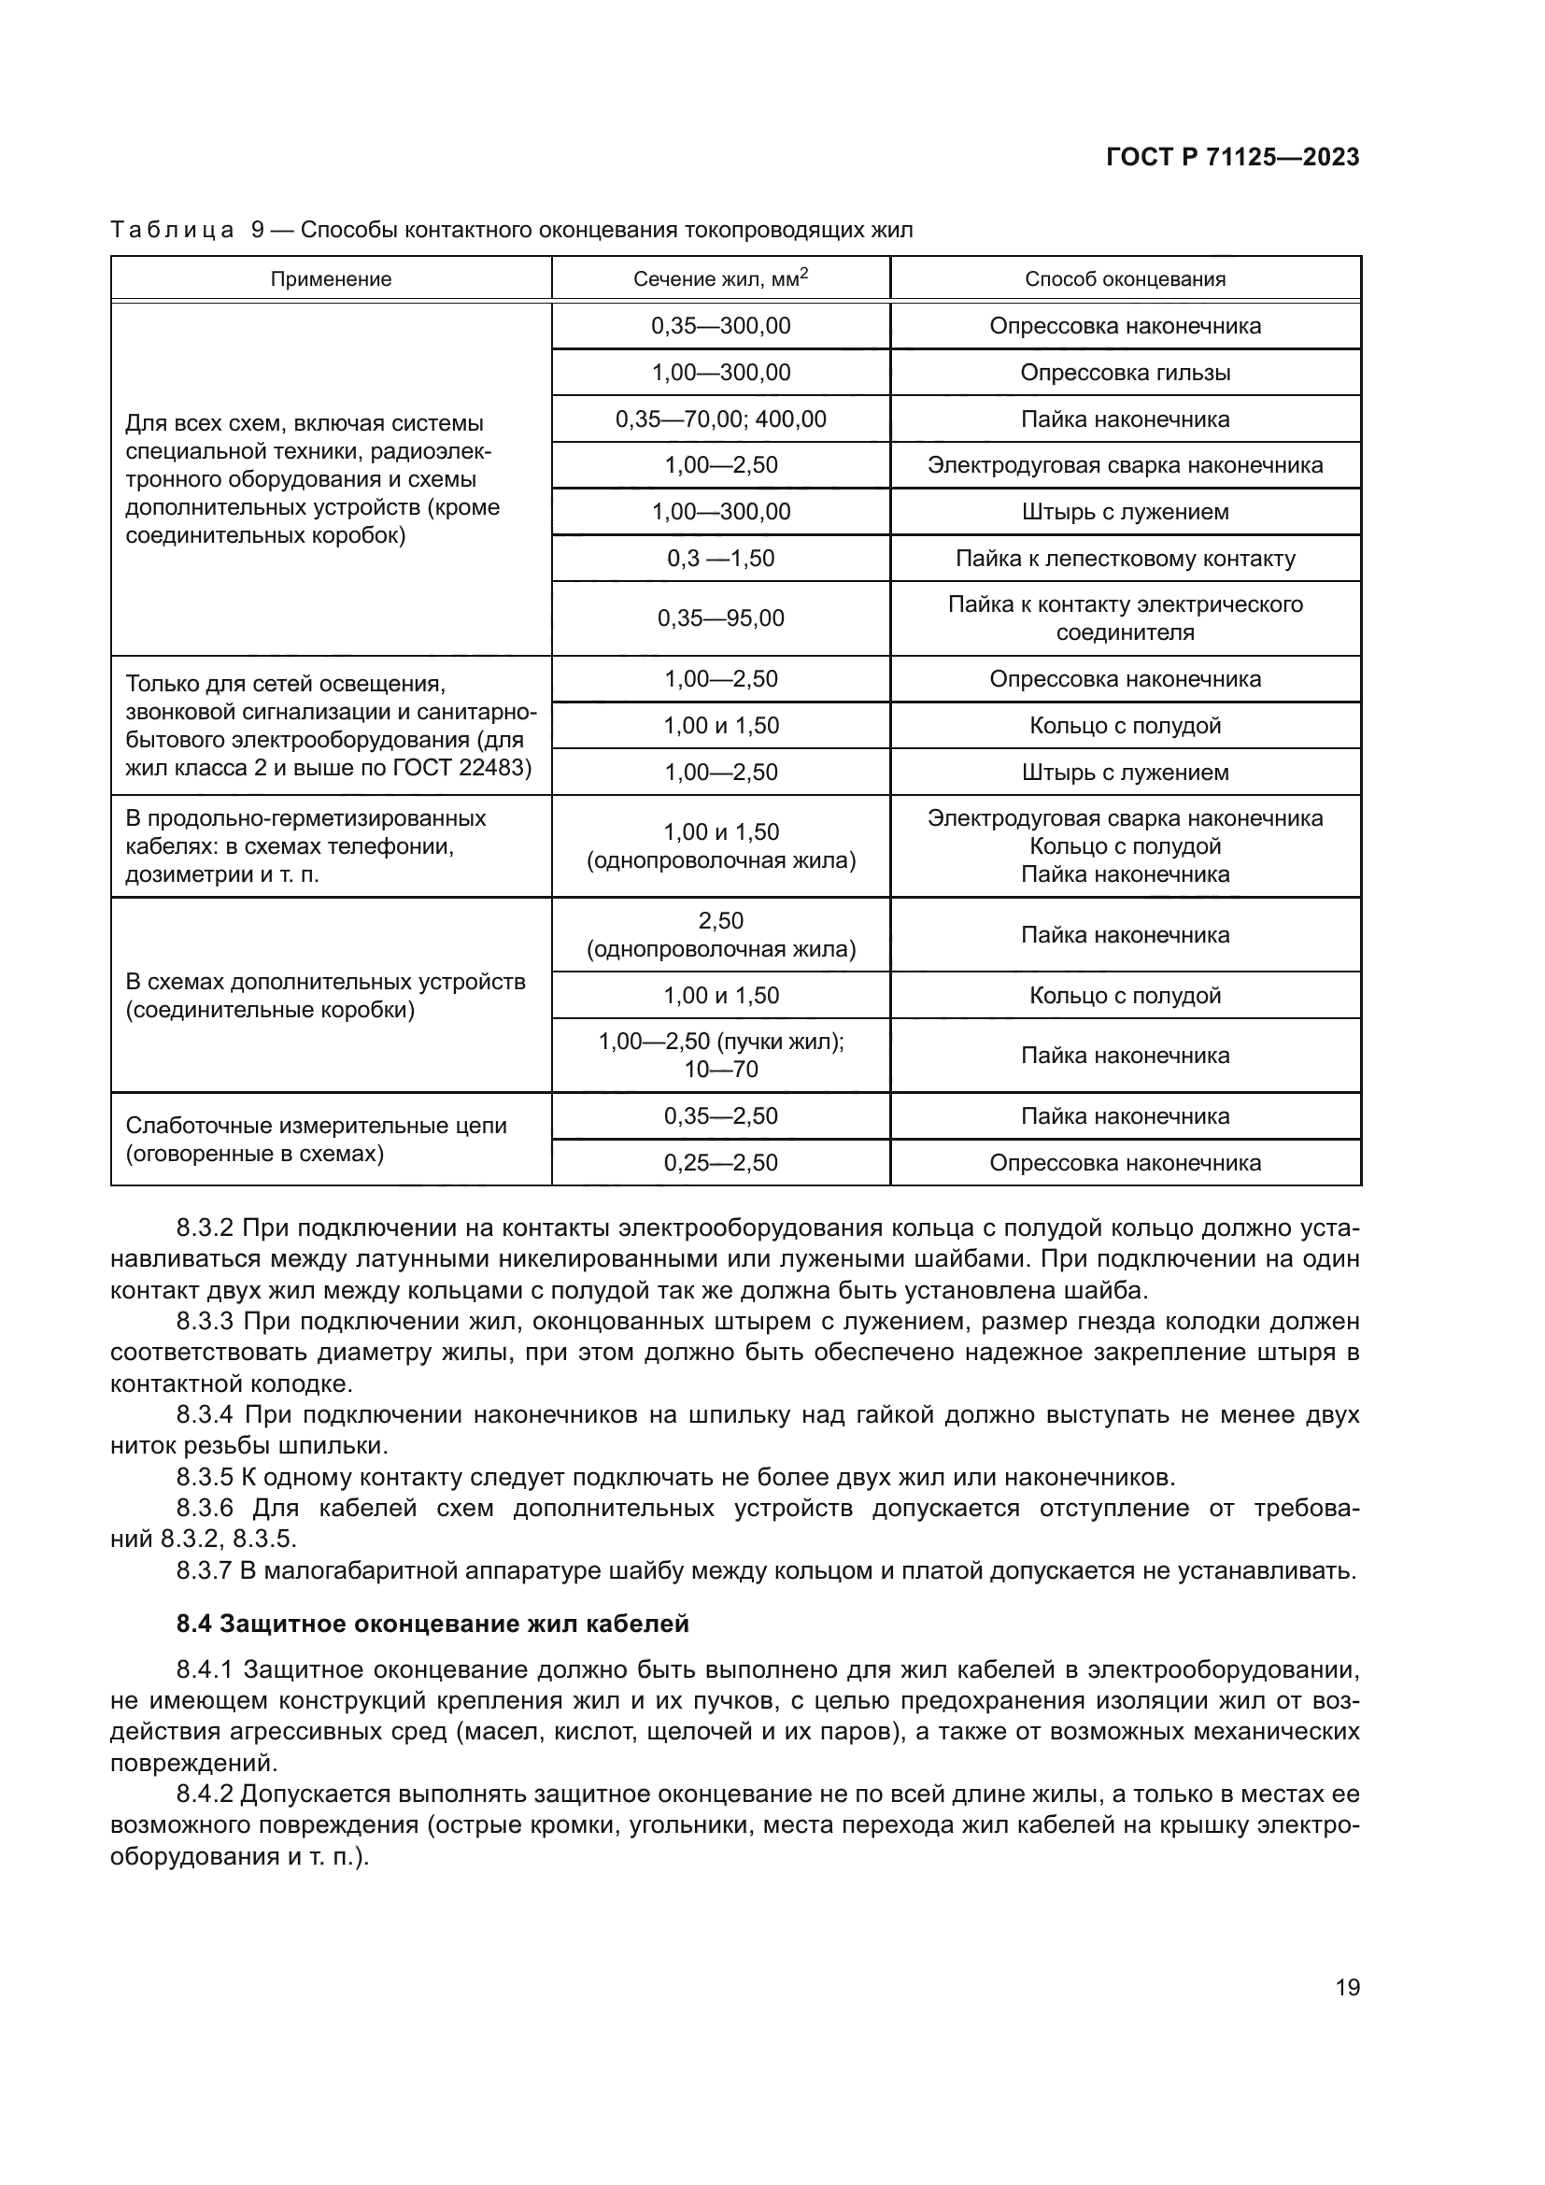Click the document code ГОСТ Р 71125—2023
pos(1232,158)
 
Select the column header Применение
pos(330,278)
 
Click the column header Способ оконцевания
pos(1125,278)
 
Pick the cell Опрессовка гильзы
pos(1125,372)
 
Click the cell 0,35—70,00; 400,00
pos(720,419)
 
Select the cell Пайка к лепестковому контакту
pos(1125,559)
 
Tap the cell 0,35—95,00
pos(720,618)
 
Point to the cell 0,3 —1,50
pos(720,559)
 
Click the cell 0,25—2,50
pos(720,1163)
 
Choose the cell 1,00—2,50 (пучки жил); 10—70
pos(720,1056)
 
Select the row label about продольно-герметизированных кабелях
pos(305,846)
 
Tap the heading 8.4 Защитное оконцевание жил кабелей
pos(432,1624)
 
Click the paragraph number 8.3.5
pos(204,1477)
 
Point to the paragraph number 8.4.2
pos(204,1794)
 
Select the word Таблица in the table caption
pos(172,231)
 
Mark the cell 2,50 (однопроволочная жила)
pos(720,935)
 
